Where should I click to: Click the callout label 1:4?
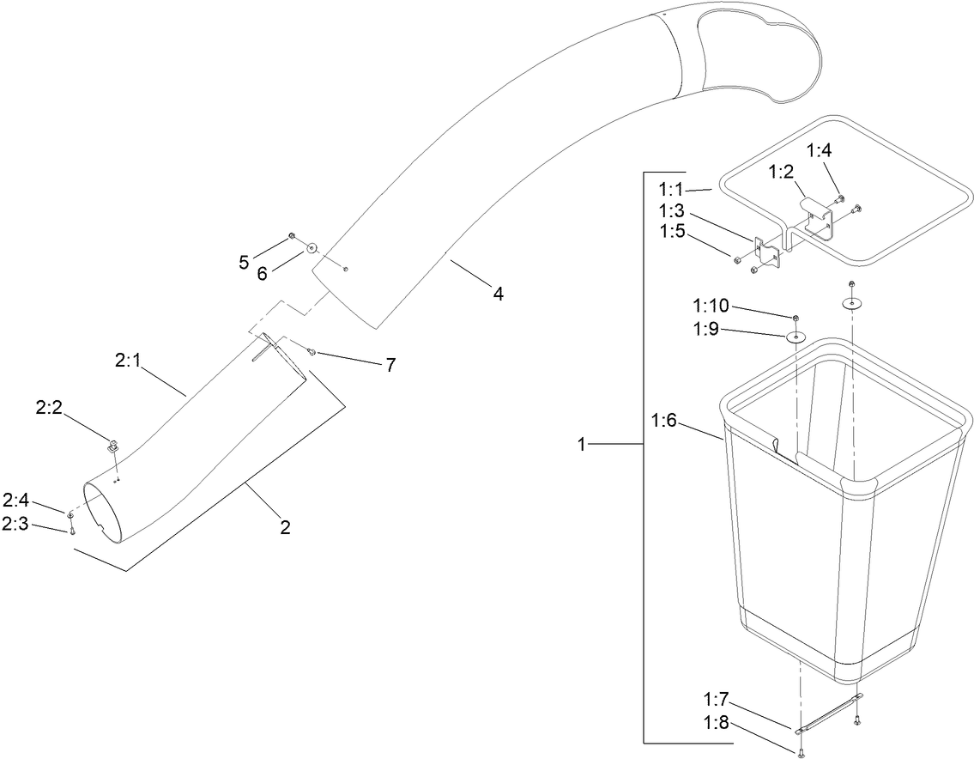(x=820, y=151)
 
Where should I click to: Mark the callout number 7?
(x=390, y=365)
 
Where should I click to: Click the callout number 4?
(x=498, y=294)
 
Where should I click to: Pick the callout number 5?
(x=244, y=262)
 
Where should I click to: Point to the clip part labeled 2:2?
(x=112, y=446)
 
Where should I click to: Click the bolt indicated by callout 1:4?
(x=839, y=199)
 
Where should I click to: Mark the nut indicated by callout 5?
(x=293, y=235)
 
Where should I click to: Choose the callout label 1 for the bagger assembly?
(x=583, y=445)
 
